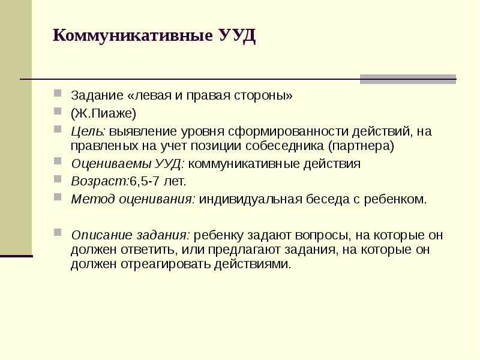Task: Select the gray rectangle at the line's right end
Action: click(x=407, y=79)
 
